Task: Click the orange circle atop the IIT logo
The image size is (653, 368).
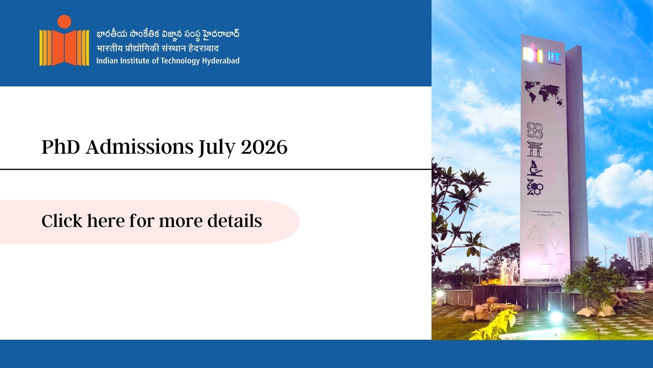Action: pyautogui.click(x=64, y=22)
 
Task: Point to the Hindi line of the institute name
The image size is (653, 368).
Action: pyautogui.click(x=158, y=48)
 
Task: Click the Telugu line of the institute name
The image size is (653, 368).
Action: pyautogui.click(x=168, y=34)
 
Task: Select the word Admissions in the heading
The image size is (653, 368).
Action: pyautogui.click(x=139, y=147)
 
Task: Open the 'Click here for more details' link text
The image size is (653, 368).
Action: pyautogui.click(x=152, y=221)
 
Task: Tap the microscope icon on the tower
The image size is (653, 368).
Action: pyautogui.click(x=535, y=168)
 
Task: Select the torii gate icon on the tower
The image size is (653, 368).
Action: pyautogui.click(x=535, y=149)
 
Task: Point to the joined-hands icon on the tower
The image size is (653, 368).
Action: pyautogui.click(x=535, y=130)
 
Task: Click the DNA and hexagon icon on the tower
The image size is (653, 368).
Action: pyautogui.click(x=535, y=187)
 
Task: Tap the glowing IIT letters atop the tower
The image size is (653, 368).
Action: pyautogui.click(x=554, y=56)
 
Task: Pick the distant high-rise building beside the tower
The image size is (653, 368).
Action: pyautogui.click(x=639, y=251)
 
